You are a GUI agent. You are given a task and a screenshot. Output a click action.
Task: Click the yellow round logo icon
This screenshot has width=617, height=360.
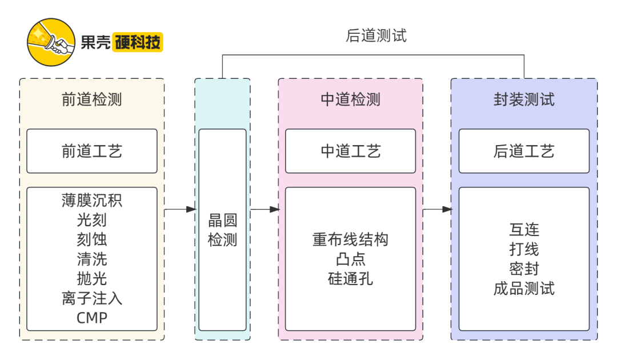click(x=51, y=42)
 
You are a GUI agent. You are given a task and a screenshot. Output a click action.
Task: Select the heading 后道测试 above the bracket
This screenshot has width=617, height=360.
click(x=376, y=35)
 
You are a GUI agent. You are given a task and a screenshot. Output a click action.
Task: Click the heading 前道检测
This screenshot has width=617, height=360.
click(x=92, y=100)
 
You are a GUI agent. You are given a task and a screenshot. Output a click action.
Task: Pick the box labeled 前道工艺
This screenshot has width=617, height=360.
click(x=92, y=151)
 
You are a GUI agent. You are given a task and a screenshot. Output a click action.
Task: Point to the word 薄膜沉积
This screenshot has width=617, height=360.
click(x=92, y=201)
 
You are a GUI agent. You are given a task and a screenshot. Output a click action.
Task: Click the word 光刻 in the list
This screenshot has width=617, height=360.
click(x=92, y=220)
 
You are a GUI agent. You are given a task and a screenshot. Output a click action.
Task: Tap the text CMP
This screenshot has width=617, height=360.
click(x=92, y=318)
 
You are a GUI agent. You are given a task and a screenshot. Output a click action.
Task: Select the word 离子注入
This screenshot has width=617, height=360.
click(x=92, y=298)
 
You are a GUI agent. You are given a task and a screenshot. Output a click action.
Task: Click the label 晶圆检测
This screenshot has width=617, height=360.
click(x=222, y=230)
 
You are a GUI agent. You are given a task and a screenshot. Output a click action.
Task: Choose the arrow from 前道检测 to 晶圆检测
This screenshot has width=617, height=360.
click(x=180, y=210)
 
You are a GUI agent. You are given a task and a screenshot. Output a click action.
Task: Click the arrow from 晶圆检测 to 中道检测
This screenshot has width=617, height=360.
click(x=265, y=210)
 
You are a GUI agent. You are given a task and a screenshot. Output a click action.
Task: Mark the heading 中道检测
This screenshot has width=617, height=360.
click(x=351, y=100)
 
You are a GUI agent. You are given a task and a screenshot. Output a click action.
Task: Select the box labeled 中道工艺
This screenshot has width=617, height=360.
click(x=351, y=151)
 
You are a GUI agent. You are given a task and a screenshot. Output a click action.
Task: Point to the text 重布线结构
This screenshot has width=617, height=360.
click(x=351, y=239)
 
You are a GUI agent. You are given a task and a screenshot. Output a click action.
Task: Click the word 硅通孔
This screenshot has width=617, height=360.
click(x=351, y=279)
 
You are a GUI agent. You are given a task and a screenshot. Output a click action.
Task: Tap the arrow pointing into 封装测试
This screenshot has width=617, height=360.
click(x=438, y=210)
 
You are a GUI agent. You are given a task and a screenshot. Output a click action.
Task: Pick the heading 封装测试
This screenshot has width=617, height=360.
click(x=524, y=100)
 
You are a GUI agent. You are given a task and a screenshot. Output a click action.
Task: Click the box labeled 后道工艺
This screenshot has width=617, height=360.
click(x=524, y=151)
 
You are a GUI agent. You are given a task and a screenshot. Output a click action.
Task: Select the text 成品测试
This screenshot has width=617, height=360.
click(x=524, y=289)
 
